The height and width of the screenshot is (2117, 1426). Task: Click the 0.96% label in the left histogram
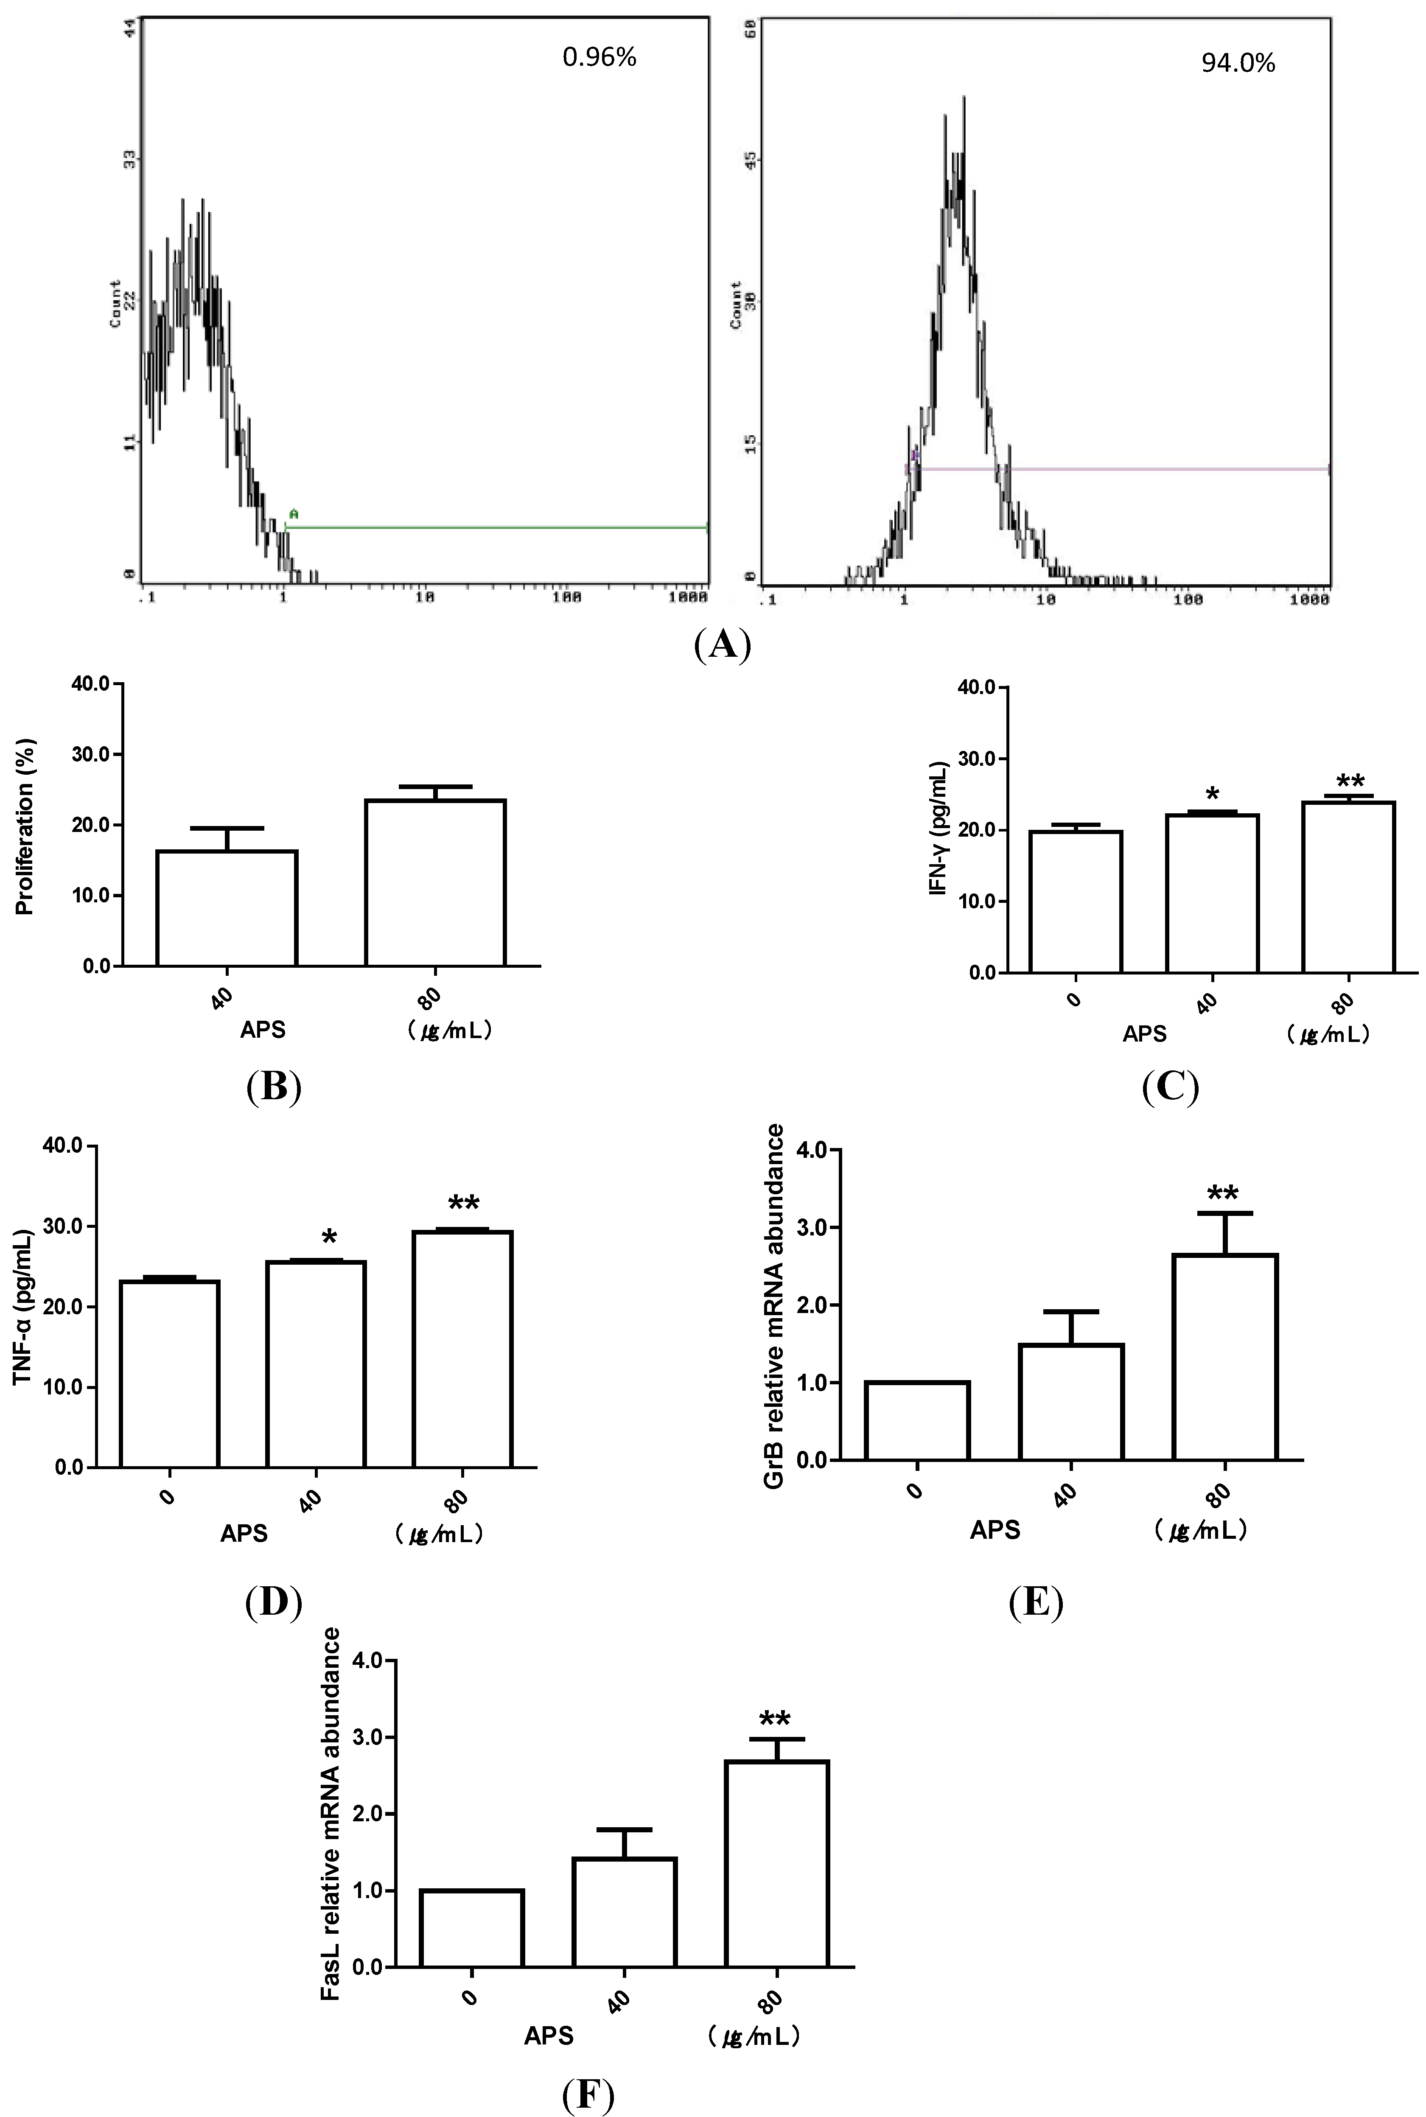[600, 57]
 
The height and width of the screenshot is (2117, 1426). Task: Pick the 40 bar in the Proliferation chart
[227, 907]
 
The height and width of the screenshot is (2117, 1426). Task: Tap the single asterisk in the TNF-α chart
[329, 1238]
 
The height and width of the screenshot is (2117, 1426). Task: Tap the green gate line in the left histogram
[496, 526]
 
